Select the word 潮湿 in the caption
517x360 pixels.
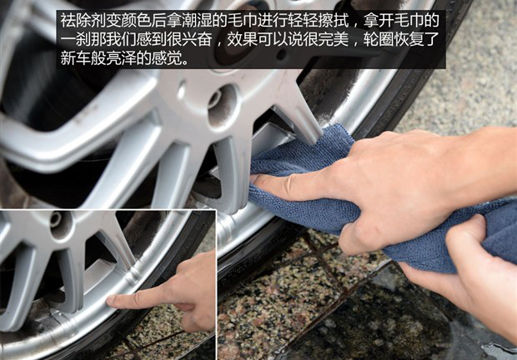point(197,20)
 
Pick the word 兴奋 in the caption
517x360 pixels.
point(197,39)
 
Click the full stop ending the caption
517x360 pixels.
point(186,62)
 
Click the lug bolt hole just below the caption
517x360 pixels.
point(223,101)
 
